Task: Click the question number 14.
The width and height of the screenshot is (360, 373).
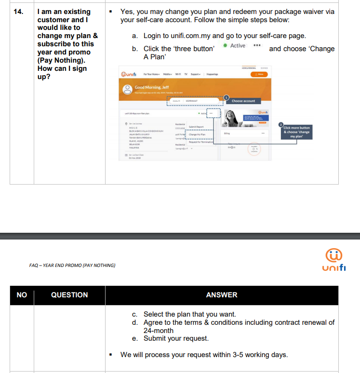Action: tap(17, 12)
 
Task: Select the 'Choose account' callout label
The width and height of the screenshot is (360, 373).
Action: tap(243, 101)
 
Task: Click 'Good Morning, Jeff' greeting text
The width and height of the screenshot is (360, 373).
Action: tap(152, 87)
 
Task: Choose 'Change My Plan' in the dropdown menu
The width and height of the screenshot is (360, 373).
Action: tap(197, 134)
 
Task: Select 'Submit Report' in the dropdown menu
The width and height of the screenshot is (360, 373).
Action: tap(196, 127)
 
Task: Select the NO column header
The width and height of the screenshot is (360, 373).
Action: tap(22, 295)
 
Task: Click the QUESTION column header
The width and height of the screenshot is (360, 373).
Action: tap(69, 295)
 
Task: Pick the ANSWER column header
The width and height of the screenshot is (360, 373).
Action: tap(222, 295)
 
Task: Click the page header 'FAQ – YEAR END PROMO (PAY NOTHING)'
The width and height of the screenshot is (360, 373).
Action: tap(72, 265)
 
